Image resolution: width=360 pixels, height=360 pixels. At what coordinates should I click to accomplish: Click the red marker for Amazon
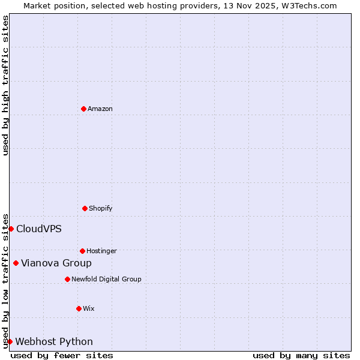[83, 109]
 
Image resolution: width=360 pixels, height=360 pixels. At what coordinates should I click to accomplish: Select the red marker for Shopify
[85, 208]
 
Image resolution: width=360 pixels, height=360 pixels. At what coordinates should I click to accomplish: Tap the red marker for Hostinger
[82, 251]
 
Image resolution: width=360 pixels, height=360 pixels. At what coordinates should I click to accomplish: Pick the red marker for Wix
[79, 308]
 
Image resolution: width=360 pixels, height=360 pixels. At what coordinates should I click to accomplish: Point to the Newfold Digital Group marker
[67, 279]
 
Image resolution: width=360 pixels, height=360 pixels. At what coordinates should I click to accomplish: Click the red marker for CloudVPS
[11, 229]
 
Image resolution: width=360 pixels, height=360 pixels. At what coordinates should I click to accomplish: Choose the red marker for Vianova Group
[16, 263]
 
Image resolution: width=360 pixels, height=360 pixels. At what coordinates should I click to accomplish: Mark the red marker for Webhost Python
[10, 341]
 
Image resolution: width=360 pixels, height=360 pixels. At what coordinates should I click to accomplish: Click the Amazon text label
[100, 109]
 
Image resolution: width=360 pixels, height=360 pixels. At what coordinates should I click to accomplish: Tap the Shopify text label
[101, 208]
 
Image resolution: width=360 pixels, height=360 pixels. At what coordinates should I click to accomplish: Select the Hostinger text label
[101, 251]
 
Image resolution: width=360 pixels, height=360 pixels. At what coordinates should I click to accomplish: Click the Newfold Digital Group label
[106, 279]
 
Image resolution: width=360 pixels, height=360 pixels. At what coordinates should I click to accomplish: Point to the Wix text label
[89, 308]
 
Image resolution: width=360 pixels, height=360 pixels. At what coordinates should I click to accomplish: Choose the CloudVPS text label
[39, 229]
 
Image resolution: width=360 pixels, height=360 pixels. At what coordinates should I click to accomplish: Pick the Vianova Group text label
[56, 263]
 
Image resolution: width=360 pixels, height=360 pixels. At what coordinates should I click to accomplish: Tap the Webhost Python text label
[54, 341]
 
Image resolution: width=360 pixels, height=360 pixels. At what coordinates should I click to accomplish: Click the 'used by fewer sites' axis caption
[62, 355]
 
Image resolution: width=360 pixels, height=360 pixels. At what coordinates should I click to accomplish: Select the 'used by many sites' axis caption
[301, 355]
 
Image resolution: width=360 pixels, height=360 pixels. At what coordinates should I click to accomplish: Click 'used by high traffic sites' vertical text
[5, 85]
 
